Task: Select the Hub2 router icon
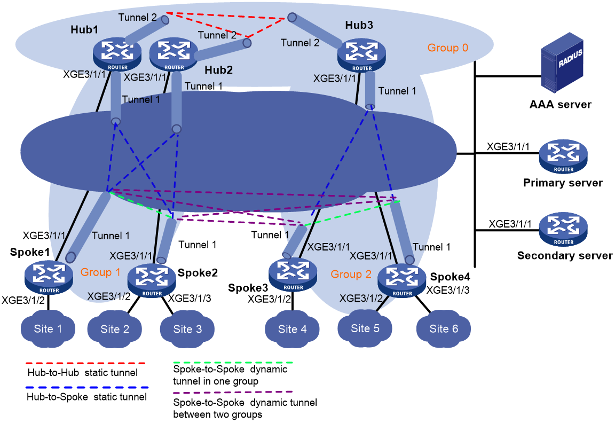[x=174, y=54]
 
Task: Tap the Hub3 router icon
[x=361, y=56]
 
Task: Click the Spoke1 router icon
[x=49, y=277]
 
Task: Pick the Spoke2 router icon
[x=152, y=280]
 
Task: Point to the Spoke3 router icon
[x=293, y=275]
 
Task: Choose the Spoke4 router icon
[x=402, y=280]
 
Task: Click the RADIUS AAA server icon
[x=562, y=63]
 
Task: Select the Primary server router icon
[x=563, y=156]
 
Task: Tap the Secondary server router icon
[x=563, y=229]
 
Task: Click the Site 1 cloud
[x=48, y=329]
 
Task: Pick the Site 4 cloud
[x=292, y=329]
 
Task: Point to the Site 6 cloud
[x=444, y=328]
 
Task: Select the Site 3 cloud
[x=187, y=329]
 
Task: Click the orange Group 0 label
[x=447, y=48]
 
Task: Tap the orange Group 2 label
[x=351, y=274]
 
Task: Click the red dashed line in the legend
[x=85, y=363]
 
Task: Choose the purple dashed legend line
[x=233, y=392]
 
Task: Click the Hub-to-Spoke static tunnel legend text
[x=86, y=397]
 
